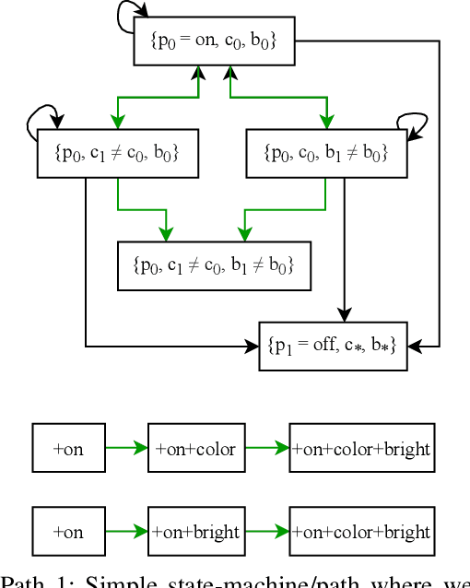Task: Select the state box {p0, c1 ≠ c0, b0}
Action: click(x=118, y=153)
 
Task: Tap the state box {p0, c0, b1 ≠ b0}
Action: click(x=326, y=153)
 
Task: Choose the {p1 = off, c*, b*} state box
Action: click(x=332, y=347)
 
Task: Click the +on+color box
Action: click(x=195, y=449)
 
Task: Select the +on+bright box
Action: click(x=195, y=532)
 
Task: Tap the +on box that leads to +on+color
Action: click(x=68, y=449)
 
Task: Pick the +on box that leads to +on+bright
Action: click(x=68, y=532)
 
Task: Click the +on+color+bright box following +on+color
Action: click(x=361, y=449)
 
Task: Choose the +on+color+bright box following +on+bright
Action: click(x=361, y=532)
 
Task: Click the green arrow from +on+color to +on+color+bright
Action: click(x=266, y=449)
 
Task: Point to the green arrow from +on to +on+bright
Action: click(x=126, y=532)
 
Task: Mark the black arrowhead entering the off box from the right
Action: click(x=413, y=347)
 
